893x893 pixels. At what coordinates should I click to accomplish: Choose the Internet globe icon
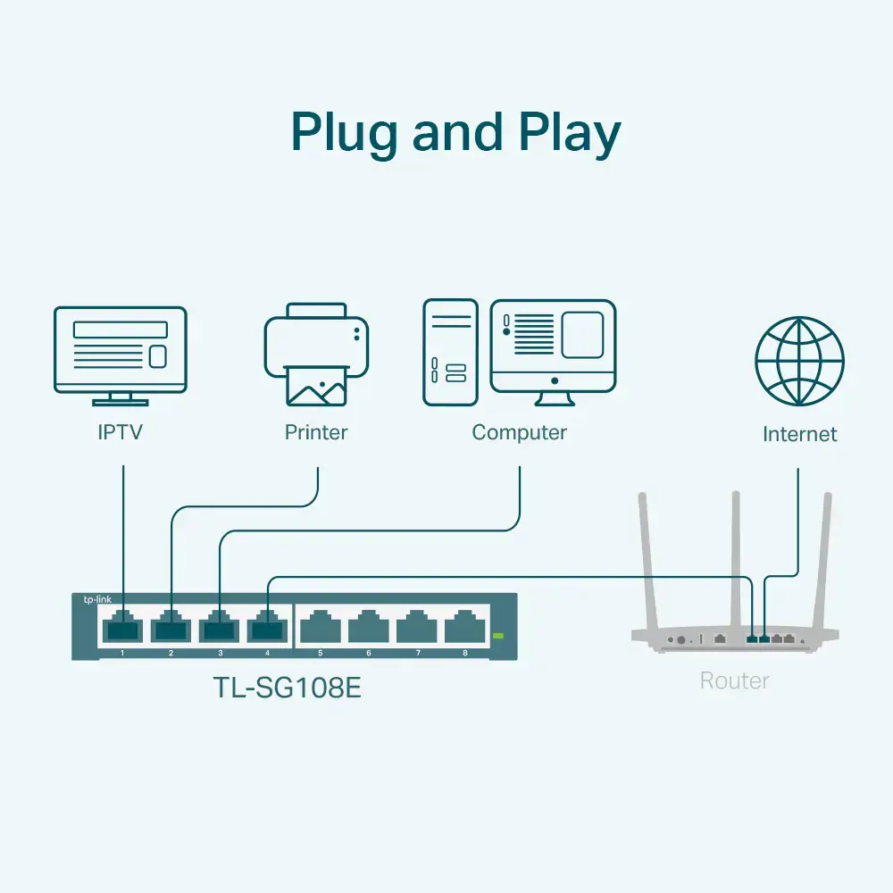[x=799, y=361]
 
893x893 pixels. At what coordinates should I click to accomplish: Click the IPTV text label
[x=121, y=433]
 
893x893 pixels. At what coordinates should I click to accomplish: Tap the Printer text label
[x=316, y=433]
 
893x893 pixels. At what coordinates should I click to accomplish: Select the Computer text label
[x=519, y=433]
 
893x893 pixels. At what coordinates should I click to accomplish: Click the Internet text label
[x=799, y=435]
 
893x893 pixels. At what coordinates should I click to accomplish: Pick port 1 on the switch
[x=122, y=627]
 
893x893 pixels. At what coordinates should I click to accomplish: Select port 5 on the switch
[x=320, y=627]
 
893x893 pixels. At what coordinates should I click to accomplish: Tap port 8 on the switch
[x=464, y=627]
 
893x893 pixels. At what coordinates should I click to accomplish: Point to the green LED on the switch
[x=498, y=636]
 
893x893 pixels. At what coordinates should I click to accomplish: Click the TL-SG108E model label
[x=287, y=689]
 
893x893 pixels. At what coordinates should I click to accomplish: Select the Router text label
[x=734, y=681]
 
